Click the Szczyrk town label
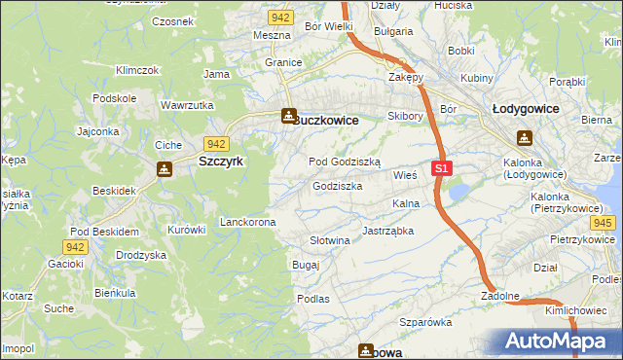point(221,162)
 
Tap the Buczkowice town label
point(327,120)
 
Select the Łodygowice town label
point(525,109)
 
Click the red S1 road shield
point(442,168)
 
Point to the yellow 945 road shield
point(603,224)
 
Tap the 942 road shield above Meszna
point(281,18)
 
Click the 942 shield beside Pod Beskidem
point(77,247)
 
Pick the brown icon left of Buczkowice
point(288,117)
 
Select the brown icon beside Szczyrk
point(165,169)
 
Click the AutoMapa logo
point(555,341)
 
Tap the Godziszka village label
point(338,186)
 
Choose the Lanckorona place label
point(247,222)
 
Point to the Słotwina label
point(329,240)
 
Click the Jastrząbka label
point(388,232)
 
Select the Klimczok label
point(136,71)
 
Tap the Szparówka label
point(426,321)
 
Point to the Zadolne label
point(500,296)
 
